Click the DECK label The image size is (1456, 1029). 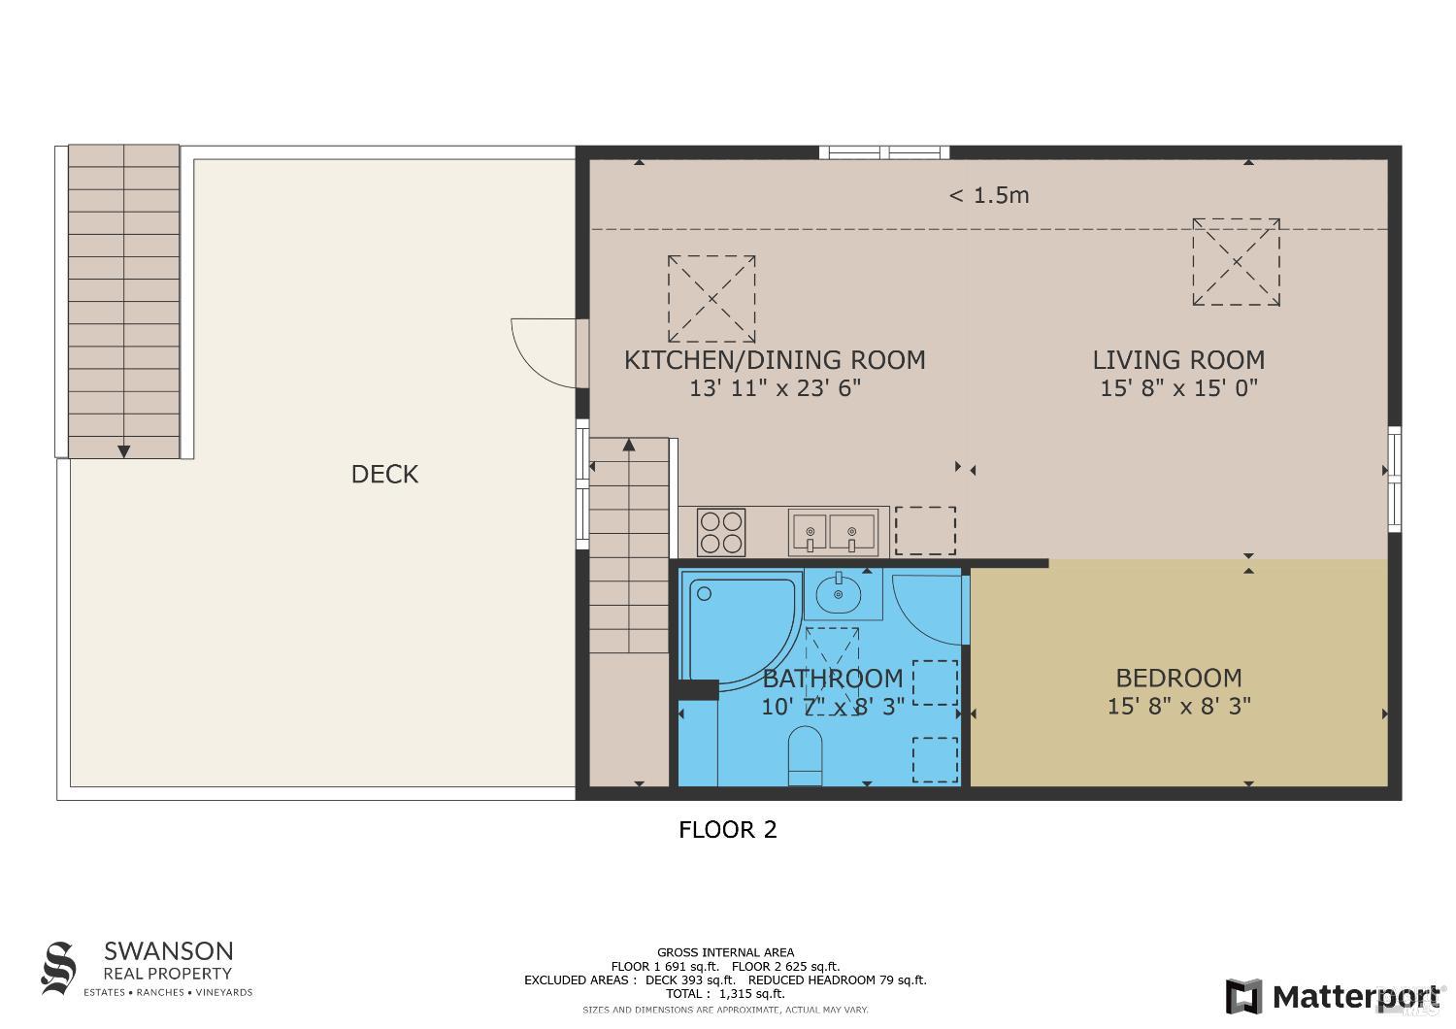pyautogui.click(x=384, y=474)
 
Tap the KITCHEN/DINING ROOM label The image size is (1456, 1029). pyautogui.click(x=774, y=360)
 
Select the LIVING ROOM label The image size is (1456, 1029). pyautogui.click(x=1178, y=360)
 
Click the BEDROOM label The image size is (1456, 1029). pyautogui.click(x=1178, y=678)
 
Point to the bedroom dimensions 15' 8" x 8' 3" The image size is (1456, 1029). pyautogui.click(x=1178, y=706)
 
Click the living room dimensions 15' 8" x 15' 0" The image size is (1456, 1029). pyautogui.click(x=1178, y=388)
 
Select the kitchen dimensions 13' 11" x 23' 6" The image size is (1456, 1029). pyautogui.click(x=775, y=388)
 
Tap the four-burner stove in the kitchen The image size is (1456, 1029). pyautogui.click(x=721, y=532)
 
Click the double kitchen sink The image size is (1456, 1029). pyautogui.click(x=834, y=532)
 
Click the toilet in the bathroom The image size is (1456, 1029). pyautogui.click(x=805, y=755)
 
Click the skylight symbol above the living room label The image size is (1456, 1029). pyautogui.click(x=1236, y=262)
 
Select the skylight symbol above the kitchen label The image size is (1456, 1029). pyautogui.click(x=711, y=298)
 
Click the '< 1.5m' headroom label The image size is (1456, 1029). pyautogui.click(x=988, y=195)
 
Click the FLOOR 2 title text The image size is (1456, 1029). pyautogui.click(x=727, y=830)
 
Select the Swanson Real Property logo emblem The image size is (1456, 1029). pyautogui.click(x=58, y=968)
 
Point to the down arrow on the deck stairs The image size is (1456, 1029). pyautogui.click(x=124, y=449)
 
